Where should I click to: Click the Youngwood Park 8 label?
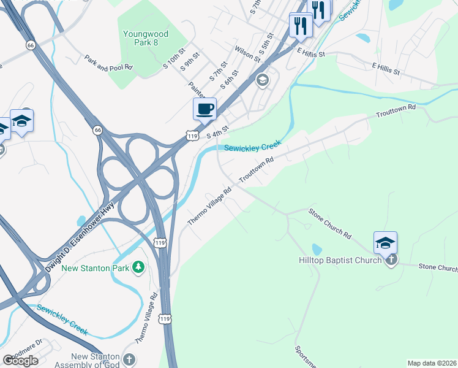click(x=141, y=38)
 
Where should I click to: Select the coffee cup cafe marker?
click(x=205, y=109)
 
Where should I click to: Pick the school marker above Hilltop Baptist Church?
click(x=385, y=243)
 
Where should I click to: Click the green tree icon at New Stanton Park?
click(x=139, y=267)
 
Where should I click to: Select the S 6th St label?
click(x=230, y=80)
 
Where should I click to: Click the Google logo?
click(x=20, y=361)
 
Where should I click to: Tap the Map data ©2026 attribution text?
click(x=431, y=363)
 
